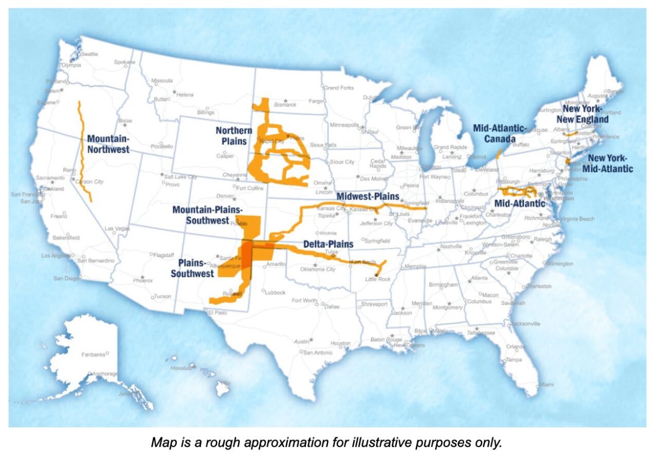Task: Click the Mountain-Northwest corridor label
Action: click(108, 144)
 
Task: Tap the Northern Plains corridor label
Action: click(233, 136)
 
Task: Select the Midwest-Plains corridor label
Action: click(368, 196)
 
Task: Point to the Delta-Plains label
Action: click(328, 244)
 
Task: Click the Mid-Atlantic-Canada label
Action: click(500, 133)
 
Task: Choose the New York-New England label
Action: click(585, 114)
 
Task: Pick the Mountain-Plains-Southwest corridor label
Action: click(200, 215)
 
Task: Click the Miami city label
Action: click(546, 384)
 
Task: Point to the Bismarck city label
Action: click(286, 105)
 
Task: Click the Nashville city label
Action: click(451, 247)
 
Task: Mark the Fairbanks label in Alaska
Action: click(93, 355)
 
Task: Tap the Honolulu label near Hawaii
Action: click(180, 368)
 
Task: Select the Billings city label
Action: click(205, 112)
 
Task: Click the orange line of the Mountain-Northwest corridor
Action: click(83, 149)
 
